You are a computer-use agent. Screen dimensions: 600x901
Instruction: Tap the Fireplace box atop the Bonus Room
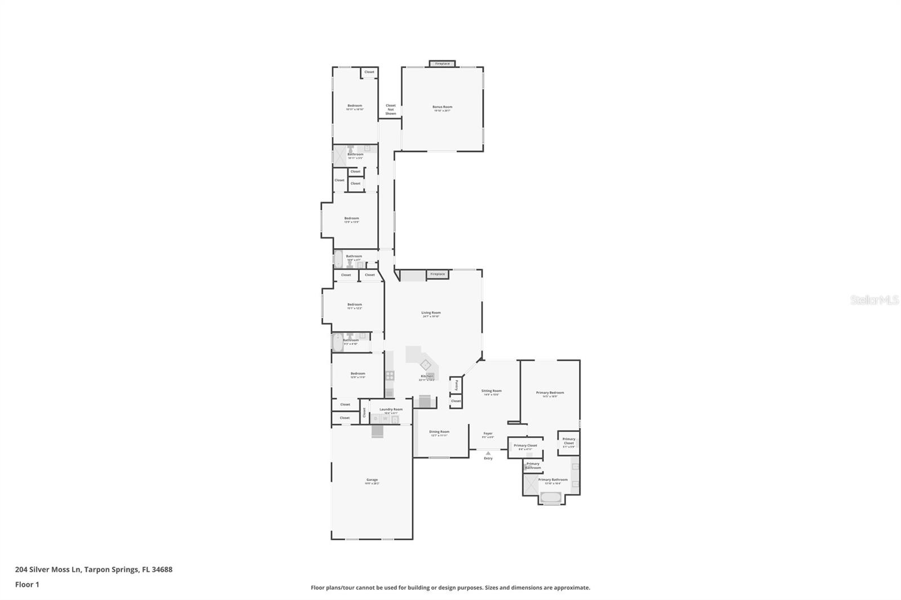click(443, 64)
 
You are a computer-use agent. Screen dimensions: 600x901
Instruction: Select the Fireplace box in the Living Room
click(438, 274)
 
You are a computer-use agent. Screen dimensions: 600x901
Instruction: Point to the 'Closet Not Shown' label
click(390, 109)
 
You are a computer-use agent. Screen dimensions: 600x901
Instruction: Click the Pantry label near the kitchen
click(456, 385)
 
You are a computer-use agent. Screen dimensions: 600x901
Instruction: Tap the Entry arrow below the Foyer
click(488, 453)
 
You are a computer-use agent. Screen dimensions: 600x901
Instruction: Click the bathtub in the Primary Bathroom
click(550, 497)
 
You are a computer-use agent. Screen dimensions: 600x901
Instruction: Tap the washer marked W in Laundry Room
click(385, 419)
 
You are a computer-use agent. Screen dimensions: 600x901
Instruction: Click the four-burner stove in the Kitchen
click(390, 375)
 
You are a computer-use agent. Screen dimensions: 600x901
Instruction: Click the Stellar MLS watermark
click(874, 300)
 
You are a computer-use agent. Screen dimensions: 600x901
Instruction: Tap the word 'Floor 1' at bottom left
click(27, 584)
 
